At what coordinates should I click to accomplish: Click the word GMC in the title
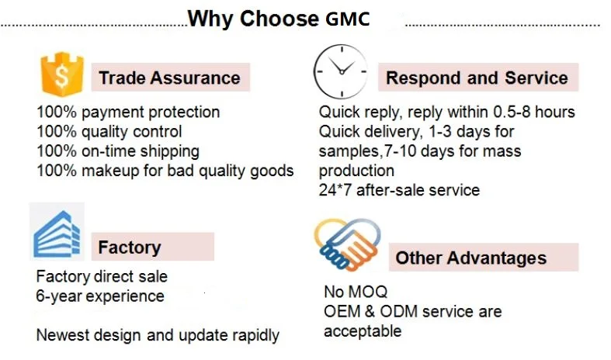click(347, 19)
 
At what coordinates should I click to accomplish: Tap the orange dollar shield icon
click(62, 74)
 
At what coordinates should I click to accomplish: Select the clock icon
click(341, 71)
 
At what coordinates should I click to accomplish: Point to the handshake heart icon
click(347, 244)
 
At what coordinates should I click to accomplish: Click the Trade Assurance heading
click(169, 78)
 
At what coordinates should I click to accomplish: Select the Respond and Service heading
click(477, 78)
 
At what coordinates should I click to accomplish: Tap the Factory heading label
click(130, 247)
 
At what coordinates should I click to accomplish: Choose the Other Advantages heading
click(471, 258)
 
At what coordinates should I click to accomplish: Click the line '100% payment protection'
click(128, 112)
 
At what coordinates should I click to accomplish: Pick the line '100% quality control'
click(109, 132)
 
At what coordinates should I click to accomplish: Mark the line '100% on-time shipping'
click(118, 151)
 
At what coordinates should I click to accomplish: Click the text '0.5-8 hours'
click(534, 112)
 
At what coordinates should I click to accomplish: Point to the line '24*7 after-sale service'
click(399, 190)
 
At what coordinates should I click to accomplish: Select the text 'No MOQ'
click(356, 292)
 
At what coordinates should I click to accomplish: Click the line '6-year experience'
click(100, 296)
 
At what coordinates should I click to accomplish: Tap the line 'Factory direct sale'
click(102, 277)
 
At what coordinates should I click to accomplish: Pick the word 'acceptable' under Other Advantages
click(363, 331)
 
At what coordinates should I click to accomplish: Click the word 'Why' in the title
click(210, 19)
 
